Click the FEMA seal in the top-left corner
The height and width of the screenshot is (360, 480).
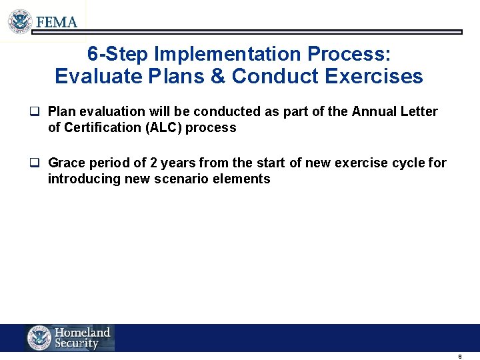(20, 21)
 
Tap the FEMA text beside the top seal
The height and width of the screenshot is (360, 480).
(57, 22)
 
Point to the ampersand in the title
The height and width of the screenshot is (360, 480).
(217, 77)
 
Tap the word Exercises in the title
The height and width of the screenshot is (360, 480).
(374, 77)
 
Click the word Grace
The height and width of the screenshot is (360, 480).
(66, 163)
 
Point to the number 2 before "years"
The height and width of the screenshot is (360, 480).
(155, 163)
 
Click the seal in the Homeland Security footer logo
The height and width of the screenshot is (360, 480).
(39, 338)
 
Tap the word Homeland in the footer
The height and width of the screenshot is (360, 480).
(82, 332)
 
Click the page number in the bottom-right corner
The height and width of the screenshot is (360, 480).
(460, 357)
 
